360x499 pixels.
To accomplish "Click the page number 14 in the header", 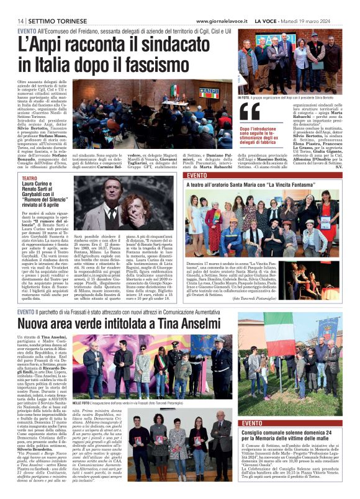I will point(21,21).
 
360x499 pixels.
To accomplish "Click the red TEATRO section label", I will point(30,178).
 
